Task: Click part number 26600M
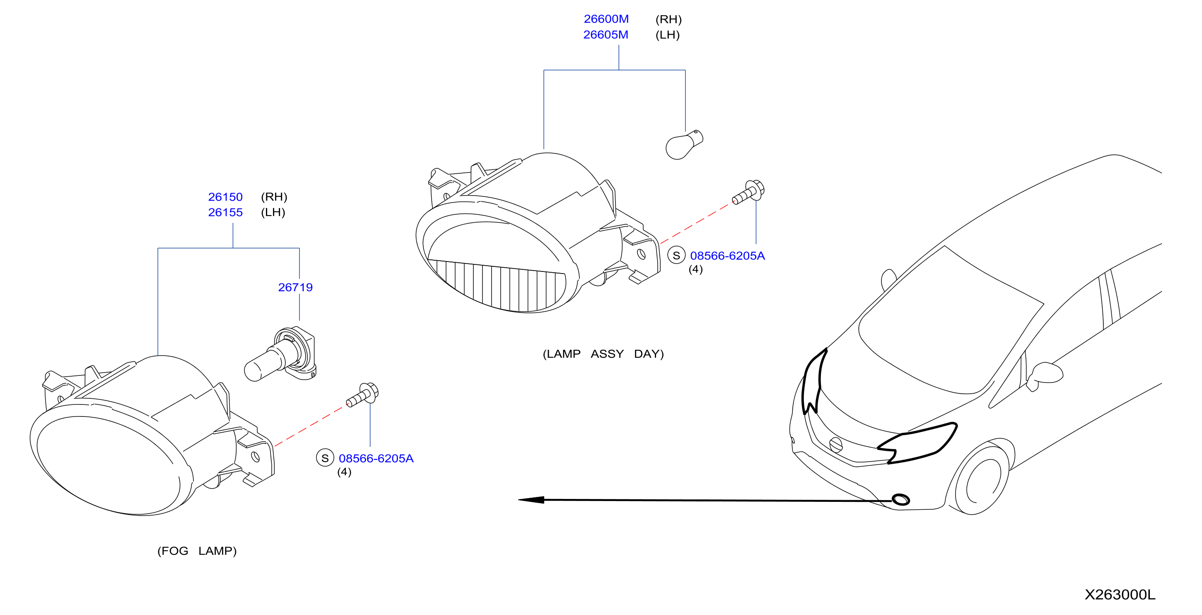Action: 606,19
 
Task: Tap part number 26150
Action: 225,197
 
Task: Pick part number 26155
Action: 225,213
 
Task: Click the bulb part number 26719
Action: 295,288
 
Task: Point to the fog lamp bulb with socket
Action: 280,354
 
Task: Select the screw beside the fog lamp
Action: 362,395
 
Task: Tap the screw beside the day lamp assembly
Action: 748,192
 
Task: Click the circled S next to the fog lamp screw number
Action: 325,458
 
